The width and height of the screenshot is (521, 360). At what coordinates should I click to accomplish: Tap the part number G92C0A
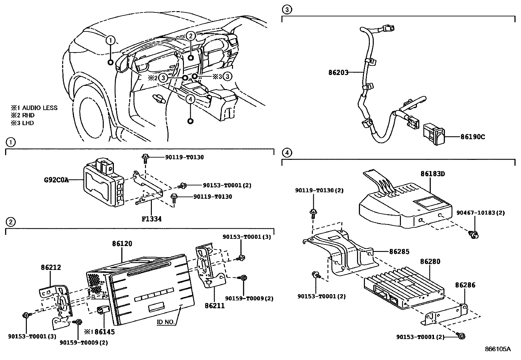[56, 180]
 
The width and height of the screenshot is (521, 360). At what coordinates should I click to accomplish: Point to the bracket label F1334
[152, 218]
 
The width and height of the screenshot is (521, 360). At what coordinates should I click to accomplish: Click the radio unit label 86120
[122, 244]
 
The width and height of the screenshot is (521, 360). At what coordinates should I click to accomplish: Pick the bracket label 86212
[51, 267]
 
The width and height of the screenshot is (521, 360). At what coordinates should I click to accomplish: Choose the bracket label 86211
[215, 306]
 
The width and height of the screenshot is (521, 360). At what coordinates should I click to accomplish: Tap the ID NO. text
[166, 322]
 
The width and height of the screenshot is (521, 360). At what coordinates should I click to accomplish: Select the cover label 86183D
[433, 174]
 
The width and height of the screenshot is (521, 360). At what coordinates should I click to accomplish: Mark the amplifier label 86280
[430, 262]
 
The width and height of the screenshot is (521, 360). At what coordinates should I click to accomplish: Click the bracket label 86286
[465, 285]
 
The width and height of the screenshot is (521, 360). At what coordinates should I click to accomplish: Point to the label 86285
[399, 252]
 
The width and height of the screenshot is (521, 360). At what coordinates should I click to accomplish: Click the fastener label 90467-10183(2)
[480, 213]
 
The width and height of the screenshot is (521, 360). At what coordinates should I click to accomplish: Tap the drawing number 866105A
[497, 349]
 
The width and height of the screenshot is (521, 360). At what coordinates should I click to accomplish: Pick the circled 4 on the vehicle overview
[190, 99]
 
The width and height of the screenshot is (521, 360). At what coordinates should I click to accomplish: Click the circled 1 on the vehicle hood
[111, 40]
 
